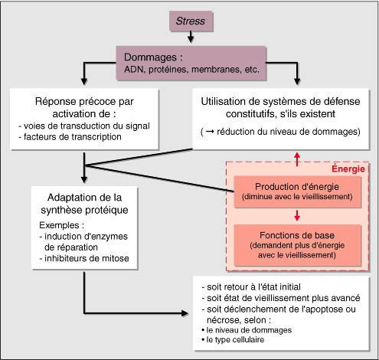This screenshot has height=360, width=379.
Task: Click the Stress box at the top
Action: tap(191, 21)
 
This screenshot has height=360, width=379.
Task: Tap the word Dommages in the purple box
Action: tap(150, 57)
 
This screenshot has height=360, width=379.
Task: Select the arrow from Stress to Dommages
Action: tap(191, 37)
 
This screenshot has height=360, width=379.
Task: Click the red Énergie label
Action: tap(348, 169)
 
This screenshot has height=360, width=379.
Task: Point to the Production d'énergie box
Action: tap(297, 191)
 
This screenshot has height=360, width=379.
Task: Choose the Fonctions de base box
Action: tap(297, 245)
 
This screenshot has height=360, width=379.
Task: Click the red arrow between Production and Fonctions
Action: tap(297, 215)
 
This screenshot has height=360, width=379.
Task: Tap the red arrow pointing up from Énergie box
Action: tap(297, 159)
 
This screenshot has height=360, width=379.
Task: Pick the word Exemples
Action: tap(60, 225)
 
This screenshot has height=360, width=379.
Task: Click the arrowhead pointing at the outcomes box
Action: tap(185, 313)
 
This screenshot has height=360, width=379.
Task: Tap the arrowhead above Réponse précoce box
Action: tap(84, 81)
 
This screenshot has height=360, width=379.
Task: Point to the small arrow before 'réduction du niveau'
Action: tap(210, 132)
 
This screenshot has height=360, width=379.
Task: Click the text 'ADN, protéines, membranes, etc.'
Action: tap(191, 70)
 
